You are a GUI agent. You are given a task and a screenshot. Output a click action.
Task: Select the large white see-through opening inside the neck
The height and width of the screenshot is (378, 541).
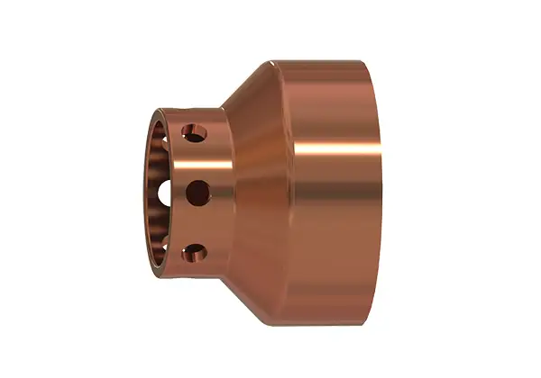(165, 193)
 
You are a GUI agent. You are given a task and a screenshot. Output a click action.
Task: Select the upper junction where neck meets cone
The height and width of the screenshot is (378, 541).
(223, 107)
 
